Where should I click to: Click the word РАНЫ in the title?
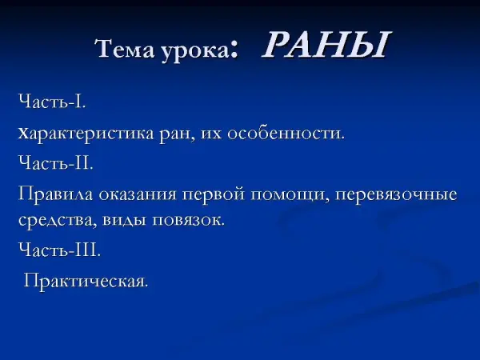point(326,45)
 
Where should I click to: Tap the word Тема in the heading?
point(126,48)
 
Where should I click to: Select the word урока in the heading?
point(195,50)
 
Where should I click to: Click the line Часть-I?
point(52,101)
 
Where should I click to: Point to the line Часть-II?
point(56,162)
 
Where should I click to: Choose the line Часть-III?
point(60,249)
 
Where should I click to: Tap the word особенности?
point(286,134)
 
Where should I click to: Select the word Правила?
point(55,194)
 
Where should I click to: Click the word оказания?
point(138,195)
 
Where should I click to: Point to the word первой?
point(214,195)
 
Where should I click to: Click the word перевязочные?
point(396,195)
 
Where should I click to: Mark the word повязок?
point(188,220)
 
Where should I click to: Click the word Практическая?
point(86,281)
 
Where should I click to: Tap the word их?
point(211,134)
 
